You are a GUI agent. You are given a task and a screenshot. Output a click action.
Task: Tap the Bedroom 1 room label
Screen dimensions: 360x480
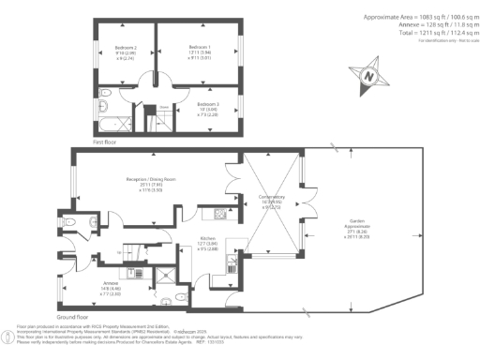pos(198,47)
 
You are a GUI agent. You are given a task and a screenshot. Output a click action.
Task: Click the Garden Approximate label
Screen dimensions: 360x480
pos(360,223)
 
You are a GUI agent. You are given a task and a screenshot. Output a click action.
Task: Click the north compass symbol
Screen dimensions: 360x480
pos(368,75)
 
